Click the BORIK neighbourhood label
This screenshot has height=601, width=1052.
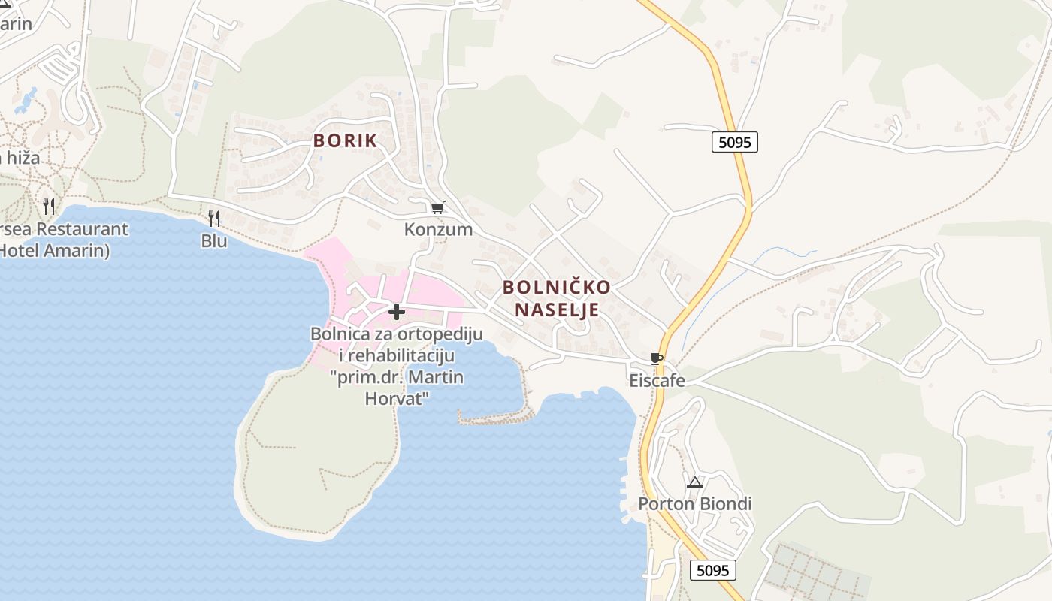pyautogui.click(x=345, y=140)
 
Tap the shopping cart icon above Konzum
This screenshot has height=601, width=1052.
pyautogui.click(x=437, y=207)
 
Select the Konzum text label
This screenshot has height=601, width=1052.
pyautogui.click(x=438, y=229)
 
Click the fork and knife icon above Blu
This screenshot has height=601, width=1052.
pyautogui.click(x=214, y=219)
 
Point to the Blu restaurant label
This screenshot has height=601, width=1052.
pyautogui.click(x=214, y=241)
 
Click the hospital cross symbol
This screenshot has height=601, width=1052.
pyautogui.click(x=397, y=311)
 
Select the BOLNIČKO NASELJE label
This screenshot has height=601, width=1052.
pyautogui.click(x=556, y=298)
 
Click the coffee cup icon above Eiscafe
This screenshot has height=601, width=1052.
pyautogui.click(x=656, y=359)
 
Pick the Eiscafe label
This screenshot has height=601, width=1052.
pyautogui.click(x=657, y=380)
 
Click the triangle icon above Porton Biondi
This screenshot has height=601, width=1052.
pyautogui.click(x=694, y=482)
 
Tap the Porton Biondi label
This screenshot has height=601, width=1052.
pyautogui.click(x=695, y=503)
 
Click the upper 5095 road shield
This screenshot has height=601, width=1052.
pyautogui.click(x=734, y=142)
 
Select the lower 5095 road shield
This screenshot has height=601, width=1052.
pyautogui.click(x=712, y=570)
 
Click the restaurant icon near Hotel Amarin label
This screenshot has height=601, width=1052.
pyautogui.click(x=49, y=206)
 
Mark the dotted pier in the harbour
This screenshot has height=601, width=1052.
pyautogui.click(x=496, y=417)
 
